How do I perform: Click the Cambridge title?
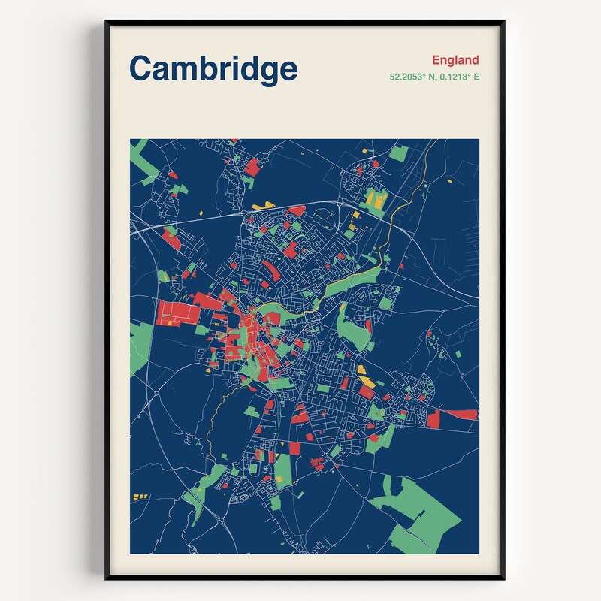(x=213, y=68)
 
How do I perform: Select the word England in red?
(x=455, y=60)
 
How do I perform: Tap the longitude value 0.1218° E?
(x=458, y=77)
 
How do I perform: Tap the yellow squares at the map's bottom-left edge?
(x=140, y=497)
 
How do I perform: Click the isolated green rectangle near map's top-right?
(x=399, y=153)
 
